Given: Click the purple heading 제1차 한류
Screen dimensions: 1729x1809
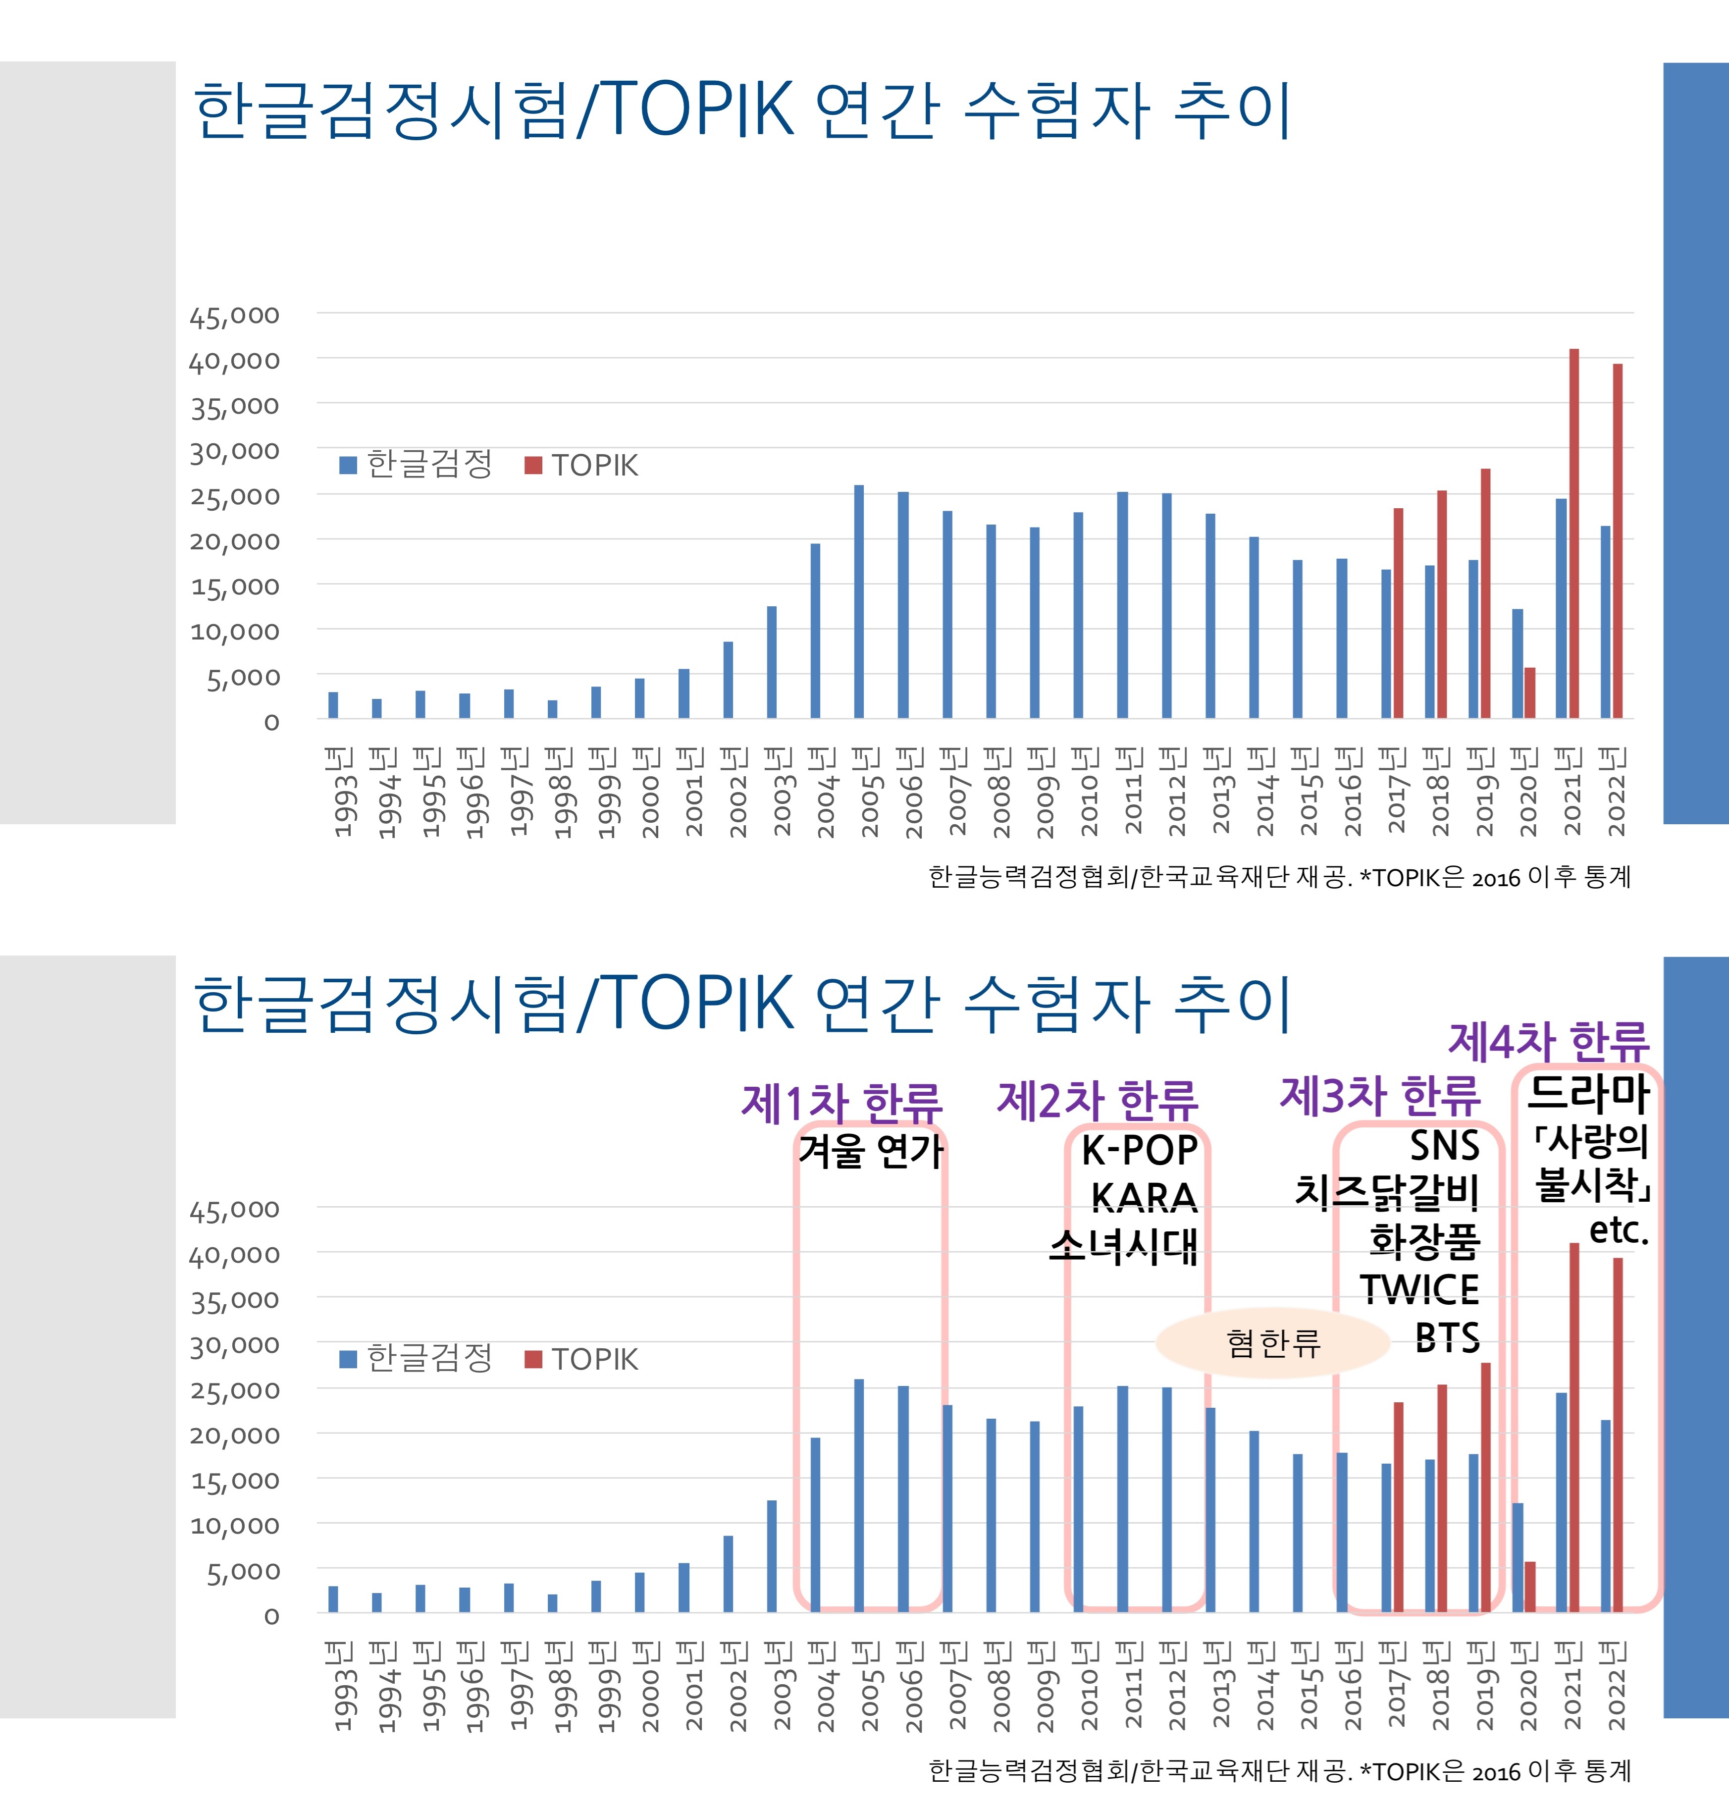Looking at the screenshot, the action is coord(841,1102).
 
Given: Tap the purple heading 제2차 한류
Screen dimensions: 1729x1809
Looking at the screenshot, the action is coord(1098,1099).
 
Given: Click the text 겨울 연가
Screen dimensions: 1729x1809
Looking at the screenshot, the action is coord(871,1151).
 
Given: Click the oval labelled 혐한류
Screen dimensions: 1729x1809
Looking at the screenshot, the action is coord(1273,1343).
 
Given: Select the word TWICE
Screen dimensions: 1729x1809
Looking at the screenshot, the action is coord(1419,1288).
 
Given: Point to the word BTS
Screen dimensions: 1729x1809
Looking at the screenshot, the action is coord(1448,1337).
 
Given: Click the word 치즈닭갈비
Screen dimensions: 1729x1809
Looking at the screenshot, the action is coord(1388,1192).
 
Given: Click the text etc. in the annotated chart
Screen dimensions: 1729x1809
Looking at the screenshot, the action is coord(1620,1230).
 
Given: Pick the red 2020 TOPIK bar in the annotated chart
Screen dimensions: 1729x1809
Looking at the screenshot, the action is coord(1530,1587).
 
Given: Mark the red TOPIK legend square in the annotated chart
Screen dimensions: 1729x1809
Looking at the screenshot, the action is coord(533,1359).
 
